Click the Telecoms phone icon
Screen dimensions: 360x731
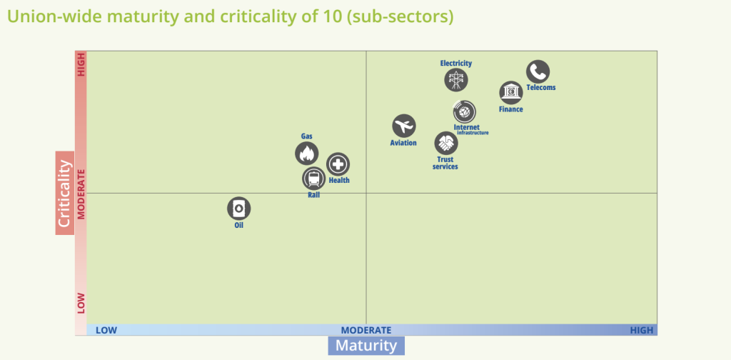[x=538, y=71]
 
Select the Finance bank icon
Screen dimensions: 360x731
[x=511, y=93]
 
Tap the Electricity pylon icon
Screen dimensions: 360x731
[x=456, y=79]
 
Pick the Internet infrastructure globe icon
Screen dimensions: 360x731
[x=465, y=111]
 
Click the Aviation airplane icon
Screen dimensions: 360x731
[x=404, y=126]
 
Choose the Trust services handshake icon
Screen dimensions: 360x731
[x=446, y=143]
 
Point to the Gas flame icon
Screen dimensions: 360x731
[x=307, y=153]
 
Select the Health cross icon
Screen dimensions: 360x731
[x=338, y=164]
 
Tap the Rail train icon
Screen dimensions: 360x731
[x=313, y=179]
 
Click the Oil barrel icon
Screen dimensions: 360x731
[x=239, y=209]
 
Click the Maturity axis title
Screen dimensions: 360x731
[x=366, y=346]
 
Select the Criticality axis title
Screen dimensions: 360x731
[x=65, y=193]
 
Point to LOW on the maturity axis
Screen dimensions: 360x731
[x=106, y=330]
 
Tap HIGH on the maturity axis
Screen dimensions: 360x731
[x=641, y=330]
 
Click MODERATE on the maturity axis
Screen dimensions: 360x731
[x=366, y=330]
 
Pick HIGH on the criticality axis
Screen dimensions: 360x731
[x=81, y=66]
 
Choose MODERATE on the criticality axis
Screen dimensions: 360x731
[x=81, y=194]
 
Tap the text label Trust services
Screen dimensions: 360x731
[x=445, y=163]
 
